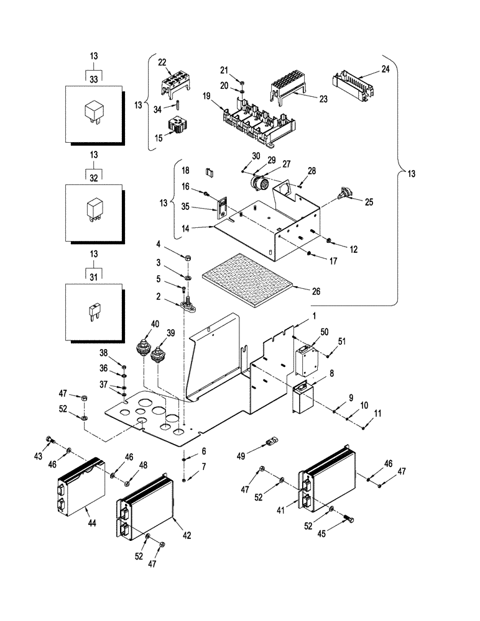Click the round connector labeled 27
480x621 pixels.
(x=259, y=184)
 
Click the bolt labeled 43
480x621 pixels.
(x=50, y=442)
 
